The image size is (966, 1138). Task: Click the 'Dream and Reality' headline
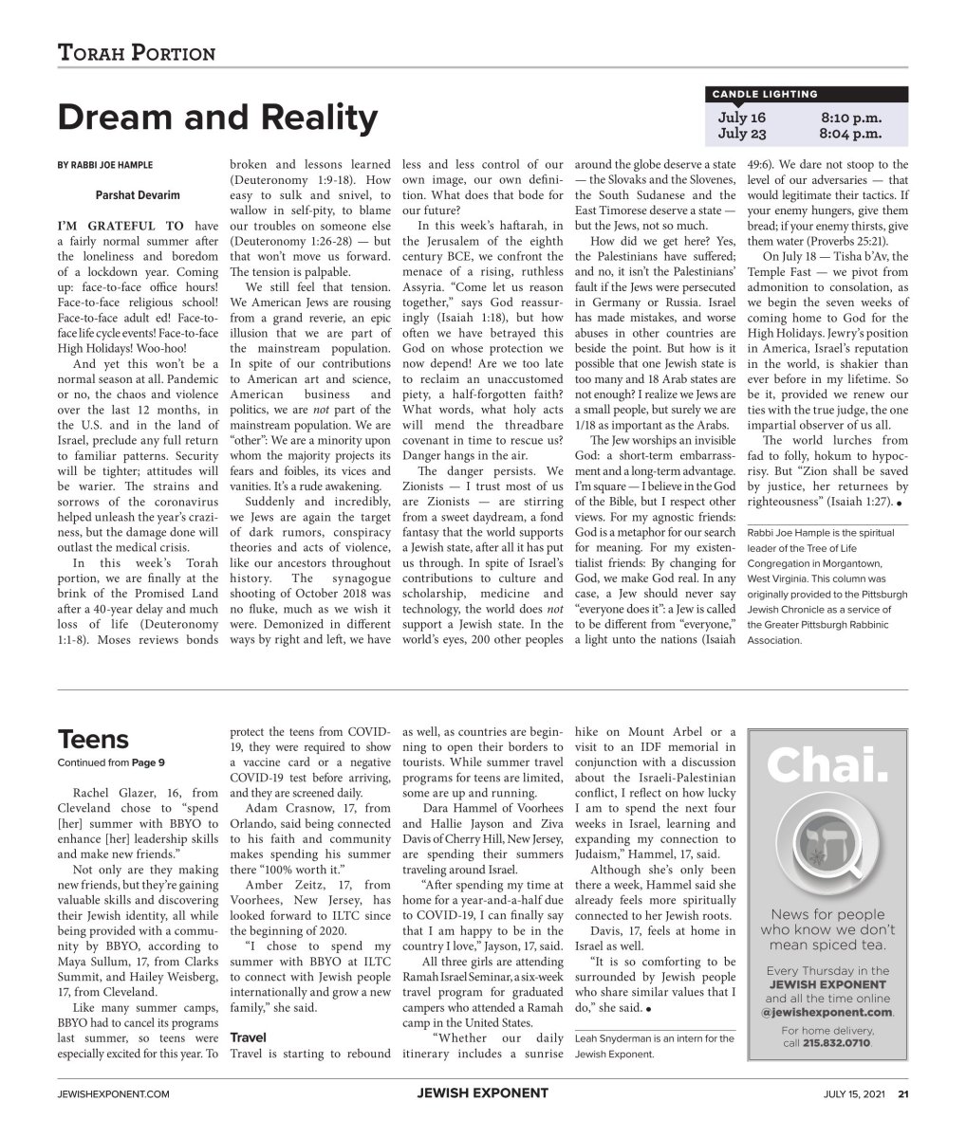217,118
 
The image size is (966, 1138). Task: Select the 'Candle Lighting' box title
764,94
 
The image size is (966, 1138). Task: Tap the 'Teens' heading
93,739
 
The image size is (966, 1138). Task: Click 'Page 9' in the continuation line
148,762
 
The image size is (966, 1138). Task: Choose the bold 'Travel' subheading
248,1037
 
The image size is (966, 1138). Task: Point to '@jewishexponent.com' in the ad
827,1012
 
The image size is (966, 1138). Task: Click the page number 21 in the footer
903,1093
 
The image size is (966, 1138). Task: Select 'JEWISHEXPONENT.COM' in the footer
114,1093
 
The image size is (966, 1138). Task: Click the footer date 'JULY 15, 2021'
855,1093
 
